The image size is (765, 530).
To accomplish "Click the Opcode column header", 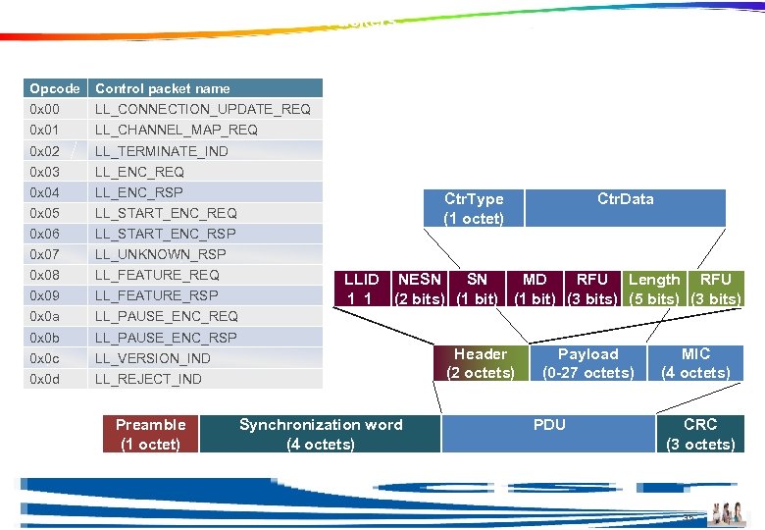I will click(x=55, y=88).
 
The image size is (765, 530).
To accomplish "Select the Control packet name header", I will click(x=163, y=88).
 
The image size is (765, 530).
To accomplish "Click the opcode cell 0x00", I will click(x=45, y=109).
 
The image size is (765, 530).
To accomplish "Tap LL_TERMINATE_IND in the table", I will click(x=162, y=151).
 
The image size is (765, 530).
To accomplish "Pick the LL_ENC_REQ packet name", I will click(x=139, y=172).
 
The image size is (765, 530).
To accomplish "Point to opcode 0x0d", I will click(x=45, y=379).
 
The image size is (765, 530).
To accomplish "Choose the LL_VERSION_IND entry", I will click(x=153, y=358).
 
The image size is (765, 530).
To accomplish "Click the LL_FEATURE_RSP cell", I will click(x=157, y=295).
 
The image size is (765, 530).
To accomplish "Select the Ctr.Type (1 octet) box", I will click(x=474, y=208).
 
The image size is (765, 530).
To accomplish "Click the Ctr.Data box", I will click(x=626, y=208).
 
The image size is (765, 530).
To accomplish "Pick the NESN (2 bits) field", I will click(x=420, y=290).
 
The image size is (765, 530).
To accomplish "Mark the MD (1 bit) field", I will click(x=535, y=290).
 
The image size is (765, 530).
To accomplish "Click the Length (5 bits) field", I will click(x=654, y=290).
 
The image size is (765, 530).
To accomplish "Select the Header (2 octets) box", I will click(x=481, y=363).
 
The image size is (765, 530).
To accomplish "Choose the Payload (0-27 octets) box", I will click(x=588, y=363).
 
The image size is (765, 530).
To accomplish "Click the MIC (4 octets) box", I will click(x=695, y=363).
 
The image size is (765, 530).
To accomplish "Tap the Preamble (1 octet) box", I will click(x=150, y=434).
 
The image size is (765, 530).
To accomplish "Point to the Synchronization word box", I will click(x=321, y=434).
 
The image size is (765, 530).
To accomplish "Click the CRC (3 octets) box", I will click(x=700, y=434).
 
